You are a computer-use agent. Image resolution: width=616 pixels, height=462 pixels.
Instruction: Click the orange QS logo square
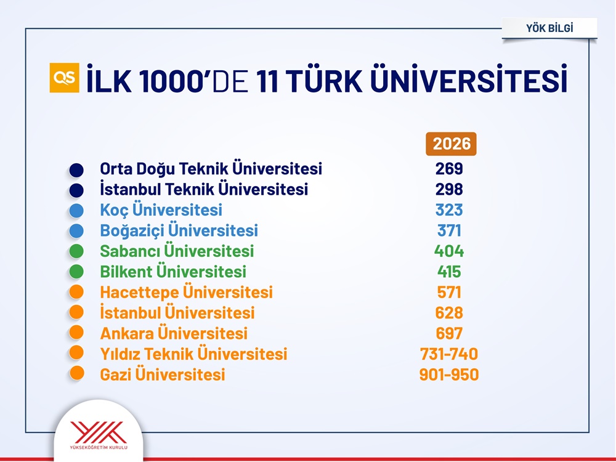[65, 78]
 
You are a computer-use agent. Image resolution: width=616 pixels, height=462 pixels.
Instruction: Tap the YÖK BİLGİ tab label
[549, 28]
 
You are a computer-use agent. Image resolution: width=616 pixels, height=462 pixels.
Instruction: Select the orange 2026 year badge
[452, 144]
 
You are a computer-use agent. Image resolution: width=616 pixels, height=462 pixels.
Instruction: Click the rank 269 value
[449, 169]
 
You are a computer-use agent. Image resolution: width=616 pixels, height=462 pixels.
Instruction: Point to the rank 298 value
[449, 189]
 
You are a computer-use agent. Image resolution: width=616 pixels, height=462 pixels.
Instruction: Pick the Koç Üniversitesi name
[161, 210]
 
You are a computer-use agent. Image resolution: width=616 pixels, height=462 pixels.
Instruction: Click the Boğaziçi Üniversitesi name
[179, 230]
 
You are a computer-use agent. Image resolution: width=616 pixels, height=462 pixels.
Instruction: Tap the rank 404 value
[449, 251]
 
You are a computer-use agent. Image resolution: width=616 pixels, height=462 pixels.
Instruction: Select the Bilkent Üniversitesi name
[173, 272]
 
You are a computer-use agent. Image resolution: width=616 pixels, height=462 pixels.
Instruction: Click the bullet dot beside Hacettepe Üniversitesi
[76, 292]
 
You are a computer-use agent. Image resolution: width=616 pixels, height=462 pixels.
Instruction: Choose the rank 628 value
[449, 313]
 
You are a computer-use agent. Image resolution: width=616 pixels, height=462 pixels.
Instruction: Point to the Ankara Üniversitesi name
[174, 333]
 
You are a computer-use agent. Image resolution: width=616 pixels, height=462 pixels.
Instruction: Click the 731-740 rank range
[449, 354]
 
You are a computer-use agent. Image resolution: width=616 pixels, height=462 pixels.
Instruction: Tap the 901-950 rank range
[449, 375]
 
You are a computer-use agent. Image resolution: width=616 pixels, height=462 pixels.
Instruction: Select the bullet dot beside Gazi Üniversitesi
[76, 373]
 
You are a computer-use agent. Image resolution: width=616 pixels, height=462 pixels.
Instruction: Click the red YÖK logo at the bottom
[99, 432]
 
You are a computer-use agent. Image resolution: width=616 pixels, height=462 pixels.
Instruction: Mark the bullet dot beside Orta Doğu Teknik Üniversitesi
[76, 170]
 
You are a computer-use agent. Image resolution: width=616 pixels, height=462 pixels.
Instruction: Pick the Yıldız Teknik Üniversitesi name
[193, 354]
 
